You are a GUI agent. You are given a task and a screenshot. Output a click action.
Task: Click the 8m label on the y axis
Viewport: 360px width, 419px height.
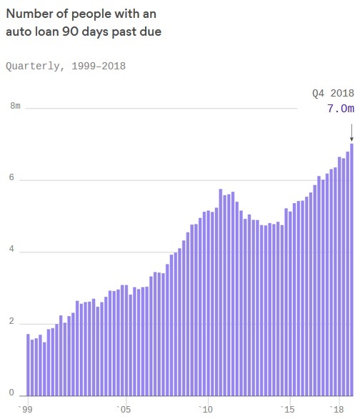[x=15, y=107]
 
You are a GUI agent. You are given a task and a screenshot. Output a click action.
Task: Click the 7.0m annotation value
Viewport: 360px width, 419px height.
[x=340, y=109]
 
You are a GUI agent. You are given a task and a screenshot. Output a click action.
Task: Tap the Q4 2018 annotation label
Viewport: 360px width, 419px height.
[x=333, y=93]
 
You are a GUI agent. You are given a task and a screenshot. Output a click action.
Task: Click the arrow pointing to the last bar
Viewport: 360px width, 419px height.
[x=351, y=132]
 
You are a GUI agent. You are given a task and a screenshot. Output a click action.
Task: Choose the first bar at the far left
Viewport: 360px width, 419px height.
[x=28, y=365]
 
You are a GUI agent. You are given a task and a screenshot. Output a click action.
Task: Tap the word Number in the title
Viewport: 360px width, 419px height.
[x=29, y=14]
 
